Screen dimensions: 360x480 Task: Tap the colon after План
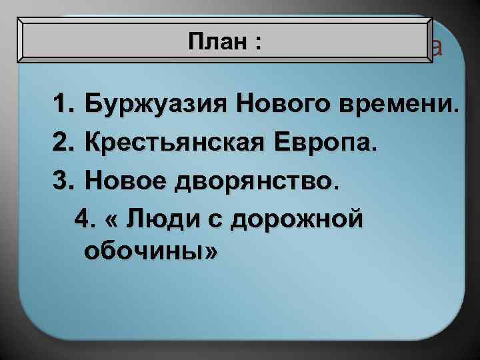coord(257,43)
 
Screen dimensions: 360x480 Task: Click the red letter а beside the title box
coord(435,47)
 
